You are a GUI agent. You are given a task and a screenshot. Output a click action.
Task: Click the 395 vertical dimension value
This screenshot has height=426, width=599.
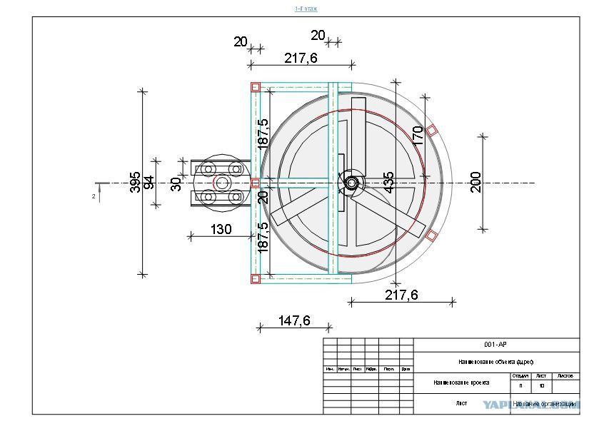point(135,183)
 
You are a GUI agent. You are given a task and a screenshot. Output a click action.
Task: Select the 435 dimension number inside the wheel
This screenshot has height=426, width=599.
point(388,183)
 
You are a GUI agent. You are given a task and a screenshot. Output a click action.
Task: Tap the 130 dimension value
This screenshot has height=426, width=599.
point(221,229)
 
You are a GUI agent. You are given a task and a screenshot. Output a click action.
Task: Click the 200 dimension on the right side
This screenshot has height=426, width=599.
point(476,182)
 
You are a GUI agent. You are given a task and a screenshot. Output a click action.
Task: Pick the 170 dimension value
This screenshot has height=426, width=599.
point(418,135)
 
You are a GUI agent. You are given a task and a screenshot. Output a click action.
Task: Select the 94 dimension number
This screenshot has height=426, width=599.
point(149,183)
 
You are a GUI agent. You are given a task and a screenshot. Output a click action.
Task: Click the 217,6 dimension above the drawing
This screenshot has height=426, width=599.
point(301,59)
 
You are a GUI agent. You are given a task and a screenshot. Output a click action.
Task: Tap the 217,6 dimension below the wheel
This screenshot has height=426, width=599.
point(401,294)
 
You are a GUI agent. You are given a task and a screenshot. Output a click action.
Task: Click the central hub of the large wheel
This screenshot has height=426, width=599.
point(351,182)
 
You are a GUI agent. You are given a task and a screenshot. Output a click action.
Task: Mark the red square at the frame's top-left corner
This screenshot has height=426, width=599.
point(255,87)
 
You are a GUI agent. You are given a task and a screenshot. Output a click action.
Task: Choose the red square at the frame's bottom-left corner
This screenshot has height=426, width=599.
point(255,279)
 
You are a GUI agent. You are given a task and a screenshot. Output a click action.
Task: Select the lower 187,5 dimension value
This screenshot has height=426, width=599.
point(263,238)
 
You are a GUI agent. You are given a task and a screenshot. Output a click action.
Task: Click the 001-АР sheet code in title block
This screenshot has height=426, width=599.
point(495,344)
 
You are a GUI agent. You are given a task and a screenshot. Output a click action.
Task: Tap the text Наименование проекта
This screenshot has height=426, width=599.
point(461,382)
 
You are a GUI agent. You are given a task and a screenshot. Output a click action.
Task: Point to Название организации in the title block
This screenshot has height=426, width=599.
point(544,403)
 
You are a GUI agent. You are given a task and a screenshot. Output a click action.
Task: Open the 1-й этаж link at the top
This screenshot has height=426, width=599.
point(306,9)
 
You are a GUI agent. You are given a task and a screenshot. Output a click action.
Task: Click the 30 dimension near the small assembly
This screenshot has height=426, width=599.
point(176,184)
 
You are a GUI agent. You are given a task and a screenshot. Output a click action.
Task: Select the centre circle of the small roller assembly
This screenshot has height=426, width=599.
point(221,183)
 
